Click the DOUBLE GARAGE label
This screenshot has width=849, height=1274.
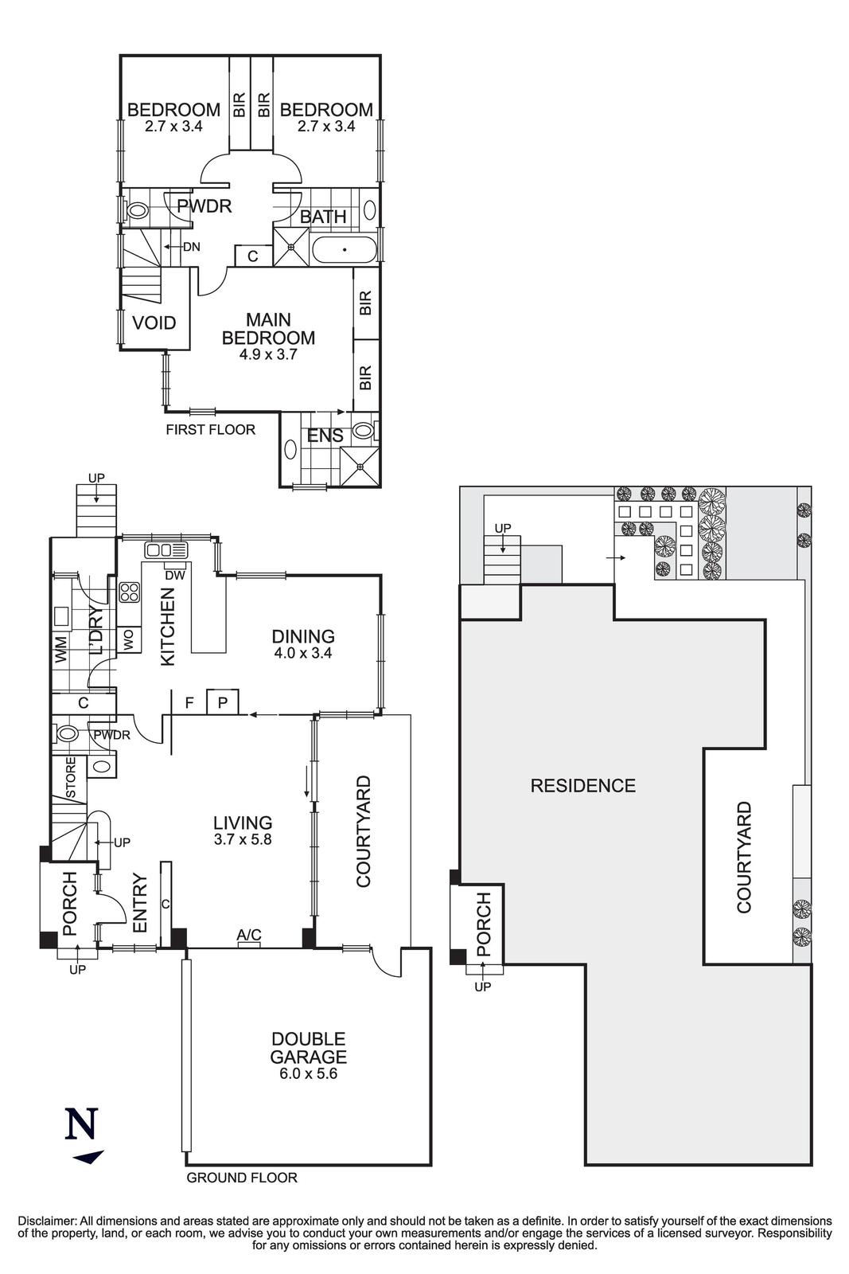pos(308,1048)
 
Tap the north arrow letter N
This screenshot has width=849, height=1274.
pos(81,1124)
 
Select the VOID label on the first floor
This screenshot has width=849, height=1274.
pos(154,323)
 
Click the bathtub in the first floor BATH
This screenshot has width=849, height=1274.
pos(344,250)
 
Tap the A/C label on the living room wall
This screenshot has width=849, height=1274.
pos(249,935)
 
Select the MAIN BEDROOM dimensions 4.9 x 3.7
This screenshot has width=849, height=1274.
pos(268,355)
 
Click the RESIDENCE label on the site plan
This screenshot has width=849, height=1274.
pos(582,787)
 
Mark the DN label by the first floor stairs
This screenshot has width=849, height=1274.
pos(192,248)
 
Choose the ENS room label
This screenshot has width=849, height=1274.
pos(325,436)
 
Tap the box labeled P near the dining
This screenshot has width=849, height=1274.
pos(223,702)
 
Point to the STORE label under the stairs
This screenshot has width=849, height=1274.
pos(70,777)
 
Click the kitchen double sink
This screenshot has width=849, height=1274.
pos(166,549)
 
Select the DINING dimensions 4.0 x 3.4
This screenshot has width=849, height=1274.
pos(302,653)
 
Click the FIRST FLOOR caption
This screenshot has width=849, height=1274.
pos(210,430)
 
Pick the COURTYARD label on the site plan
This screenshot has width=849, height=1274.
pos(744,857)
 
